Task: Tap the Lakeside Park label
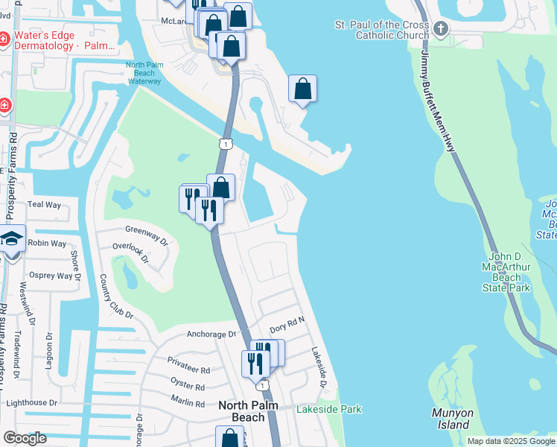[x=328, y=409]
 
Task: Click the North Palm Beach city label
[x=242, y=411]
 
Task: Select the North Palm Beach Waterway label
[x=144, y=73]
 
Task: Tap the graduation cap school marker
[x=12, y=239]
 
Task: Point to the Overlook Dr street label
[x=131, y=254]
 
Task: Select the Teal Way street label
[x=44, y=204]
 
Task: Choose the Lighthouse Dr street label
[x=31, y=402]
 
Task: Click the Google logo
[x=25, y=438]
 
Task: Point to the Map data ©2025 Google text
[x=511, y=441]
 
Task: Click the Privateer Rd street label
[x=188, y=370]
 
